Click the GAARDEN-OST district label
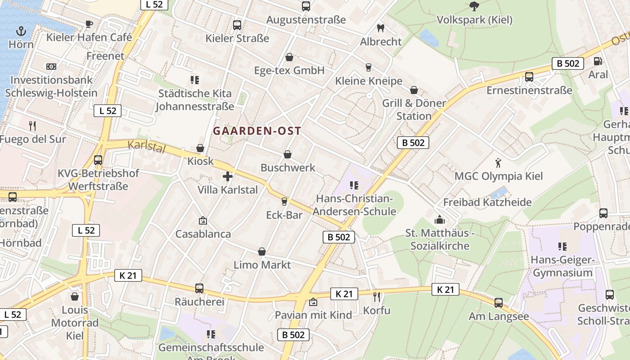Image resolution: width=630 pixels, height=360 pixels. (257, 131)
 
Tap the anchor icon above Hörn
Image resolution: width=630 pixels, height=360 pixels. (21, 31)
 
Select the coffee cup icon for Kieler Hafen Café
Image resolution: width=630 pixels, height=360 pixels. (89, 24)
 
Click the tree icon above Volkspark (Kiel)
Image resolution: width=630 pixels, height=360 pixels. (474, 6)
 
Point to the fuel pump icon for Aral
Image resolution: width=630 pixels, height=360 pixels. (598, 61)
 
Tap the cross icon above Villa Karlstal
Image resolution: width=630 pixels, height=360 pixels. (228, 176)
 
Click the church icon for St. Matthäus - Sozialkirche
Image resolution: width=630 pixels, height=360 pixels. (440, 220)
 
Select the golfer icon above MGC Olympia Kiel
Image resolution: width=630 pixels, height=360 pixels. (498, 162)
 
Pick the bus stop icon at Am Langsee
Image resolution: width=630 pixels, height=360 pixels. (499, 303)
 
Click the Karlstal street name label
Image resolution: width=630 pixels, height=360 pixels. (147, 146)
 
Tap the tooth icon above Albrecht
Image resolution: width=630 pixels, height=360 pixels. (381, 28)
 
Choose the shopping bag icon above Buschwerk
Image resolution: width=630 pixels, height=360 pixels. (288, 154)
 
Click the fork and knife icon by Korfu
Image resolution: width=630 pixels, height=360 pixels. (377, 297)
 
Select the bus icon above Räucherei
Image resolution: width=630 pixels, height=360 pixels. (199, 288)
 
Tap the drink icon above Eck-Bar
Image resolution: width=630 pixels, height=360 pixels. (284, 201)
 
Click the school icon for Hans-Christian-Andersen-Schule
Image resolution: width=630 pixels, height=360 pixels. (354, 185)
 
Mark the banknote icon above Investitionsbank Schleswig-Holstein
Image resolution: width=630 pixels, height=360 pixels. (51, 67)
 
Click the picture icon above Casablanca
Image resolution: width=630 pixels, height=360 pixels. (203, 220)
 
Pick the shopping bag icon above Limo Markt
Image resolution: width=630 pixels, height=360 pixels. (262, 252)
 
